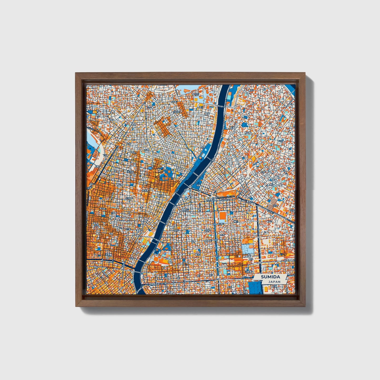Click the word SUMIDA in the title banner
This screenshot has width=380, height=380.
(x=270, y=277)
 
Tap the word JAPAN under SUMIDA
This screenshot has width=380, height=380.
(x=274, y=282)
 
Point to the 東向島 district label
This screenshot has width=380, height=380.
(x=248, y=133)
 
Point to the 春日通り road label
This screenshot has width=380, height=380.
(x=222, y=224)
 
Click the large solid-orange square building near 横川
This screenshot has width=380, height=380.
(x=222, y=216)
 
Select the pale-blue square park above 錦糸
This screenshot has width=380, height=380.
(x=248, y=249)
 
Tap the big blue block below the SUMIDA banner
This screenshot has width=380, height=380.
(x=255, y=288)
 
